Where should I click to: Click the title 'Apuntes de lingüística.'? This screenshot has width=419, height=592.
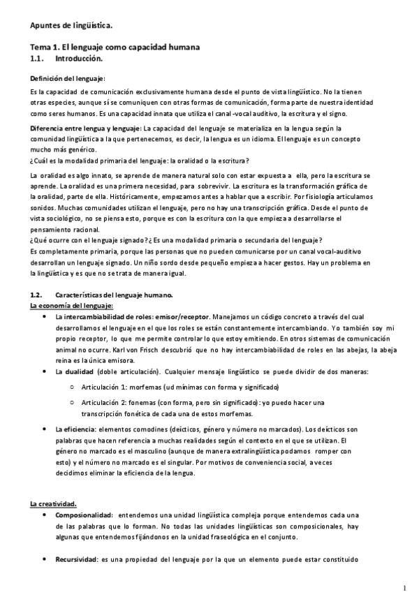point(71,26)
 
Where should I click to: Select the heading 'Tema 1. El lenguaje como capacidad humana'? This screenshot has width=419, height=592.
point(115,47)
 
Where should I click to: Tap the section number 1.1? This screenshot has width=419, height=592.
point(38,59)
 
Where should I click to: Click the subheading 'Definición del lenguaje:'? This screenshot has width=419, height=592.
point(68,78)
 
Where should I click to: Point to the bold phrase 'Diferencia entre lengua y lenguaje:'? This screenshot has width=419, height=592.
point(85,128)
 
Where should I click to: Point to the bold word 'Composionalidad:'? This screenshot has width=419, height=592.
point(82,515)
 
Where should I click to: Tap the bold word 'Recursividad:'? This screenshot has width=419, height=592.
point(75,560)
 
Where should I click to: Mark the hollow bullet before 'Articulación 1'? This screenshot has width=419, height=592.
point(73,387)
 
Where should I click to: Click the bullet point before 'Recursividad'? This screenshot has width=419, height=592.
point(45,560)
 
